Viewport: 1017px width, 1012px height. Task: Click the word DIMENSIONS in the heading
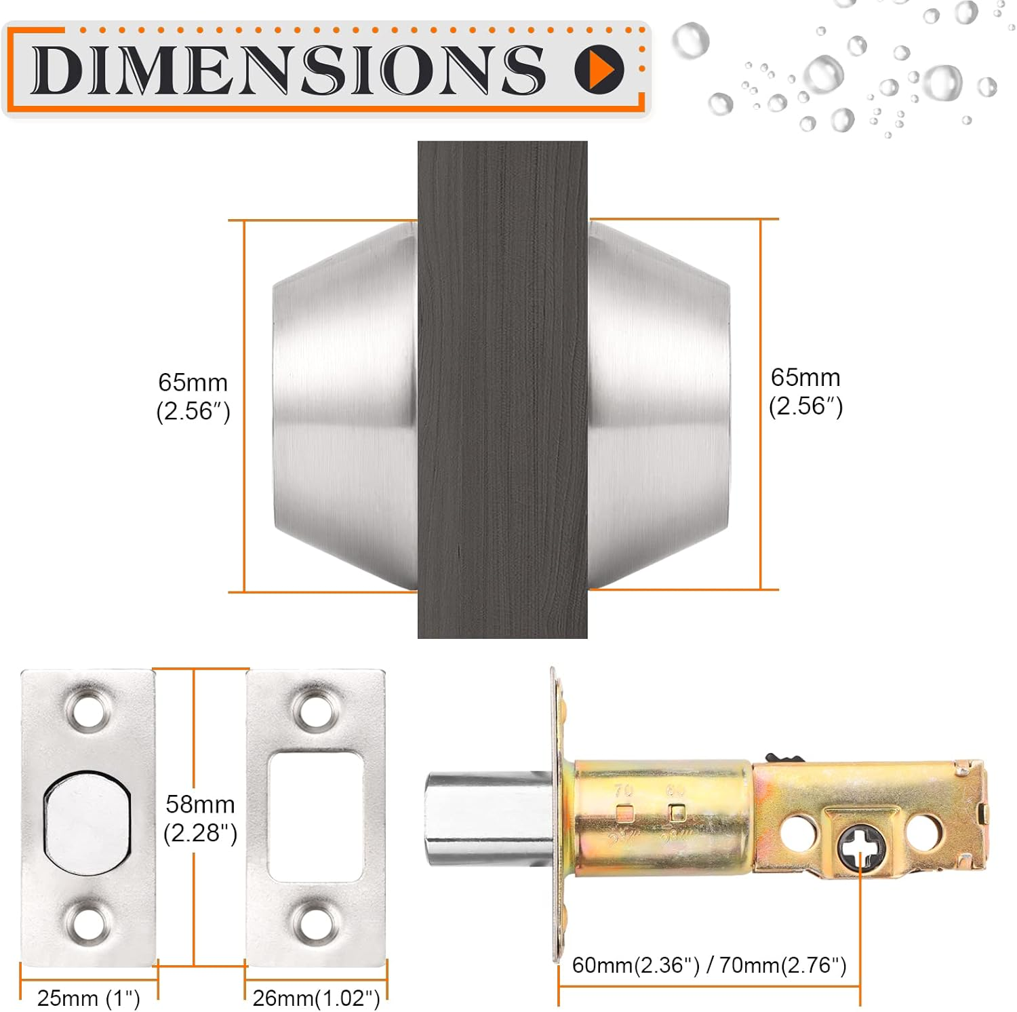tap(288, 69)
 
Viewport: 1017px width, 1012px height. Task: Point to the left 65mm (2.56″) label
tap(193, 397)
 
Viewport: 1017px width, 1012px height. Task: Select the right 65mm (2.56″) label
tap(805, 391)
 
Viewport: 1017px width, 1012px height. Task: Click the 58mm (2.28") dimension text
tap(200, 818)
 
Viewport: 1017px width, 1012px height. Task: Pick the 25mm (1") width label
tap(89, 998)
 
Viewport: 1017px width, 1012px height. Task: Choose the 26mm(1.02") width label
tap(316, 998)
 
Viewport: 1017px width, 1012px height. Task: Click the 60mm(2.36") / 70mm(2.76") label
tap(709, 965)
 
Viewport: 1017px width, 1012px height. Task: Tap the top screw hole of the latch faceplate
tap(89, 710)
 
